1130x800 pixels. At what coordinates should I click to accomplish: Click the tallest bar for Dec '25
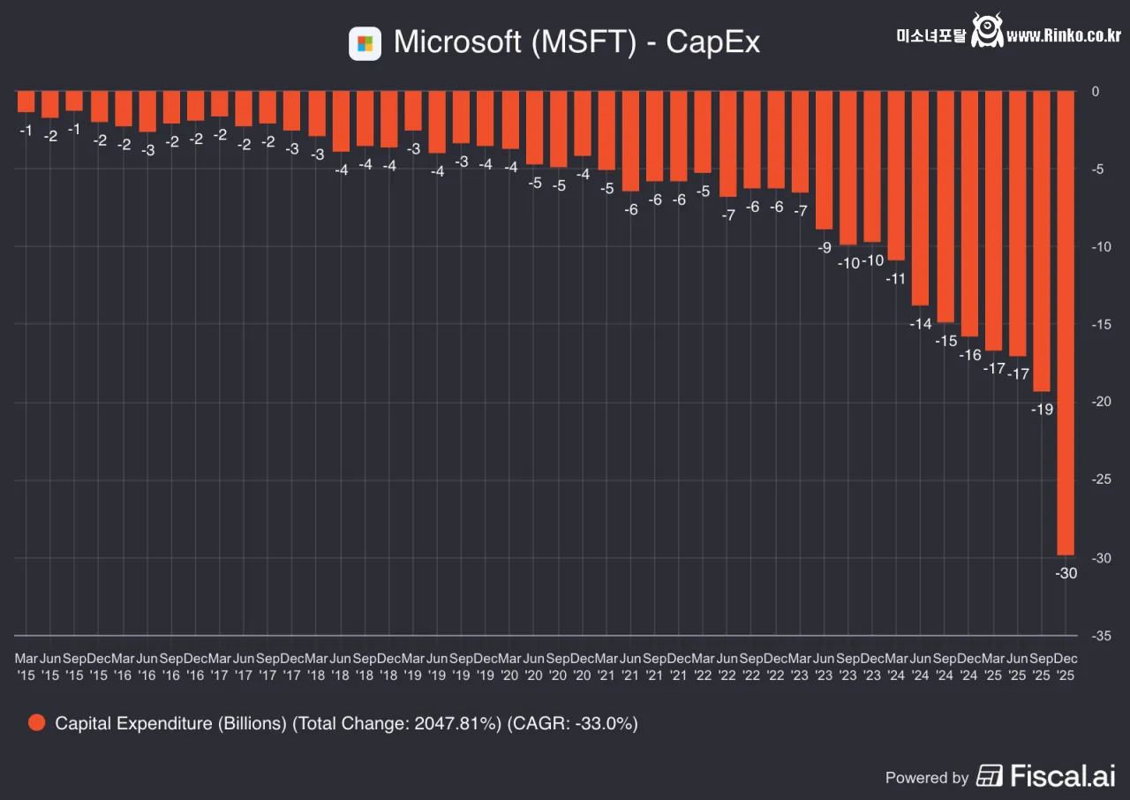pos(1066,322)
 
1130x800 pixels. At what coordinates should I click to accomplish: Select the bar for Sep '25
pos(1042,240)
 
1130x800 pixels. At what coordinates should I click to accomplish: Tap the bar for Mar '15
pos(26,101)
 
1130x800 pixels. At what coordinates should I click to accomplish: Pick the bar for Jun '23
pos(824,160)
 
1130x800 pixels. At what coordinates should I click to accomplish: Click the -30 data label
pos(1066,573)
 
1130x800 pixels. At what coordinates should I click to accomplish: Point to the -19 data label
pos(1042,409)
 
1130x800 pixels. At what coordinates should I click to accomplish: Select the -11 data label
pos(896,278)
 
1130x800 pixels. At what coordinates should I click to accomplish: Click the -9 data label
pos(824,247)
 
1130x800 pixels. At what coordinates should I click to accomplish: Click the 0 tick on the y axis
pos(1096,91)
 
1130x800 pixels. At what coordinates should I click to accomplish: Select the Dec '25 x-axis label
pos(1066,667)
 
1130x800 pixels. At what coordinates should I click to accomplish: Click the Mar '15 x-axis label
pos(26,667)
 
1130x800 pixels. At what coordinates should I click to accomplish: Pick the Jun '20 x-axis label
pos(533,667)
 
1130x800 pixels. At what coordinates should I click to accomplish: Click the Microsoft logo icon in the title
pos(365,43)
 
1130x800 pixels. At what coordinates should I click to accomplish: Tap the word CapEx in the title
pos(712,42)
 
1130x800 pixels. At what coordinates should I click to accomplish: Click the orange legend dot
pos(36,723)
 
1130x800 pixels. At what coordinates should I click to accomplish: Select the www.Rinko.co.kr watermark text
pos(1063,35)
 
